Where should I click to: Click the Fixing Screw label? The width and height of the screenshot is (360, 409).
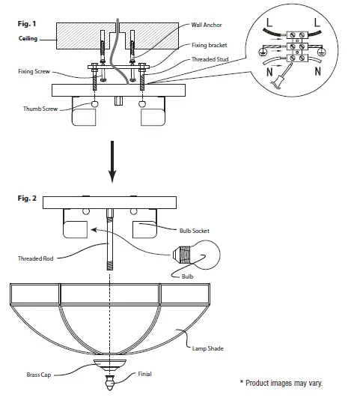pyautogui.click(x=34, y=71)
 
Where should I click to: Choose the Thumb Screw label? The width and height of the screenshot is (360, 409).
pyautogui.click(x=39, y=109)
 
